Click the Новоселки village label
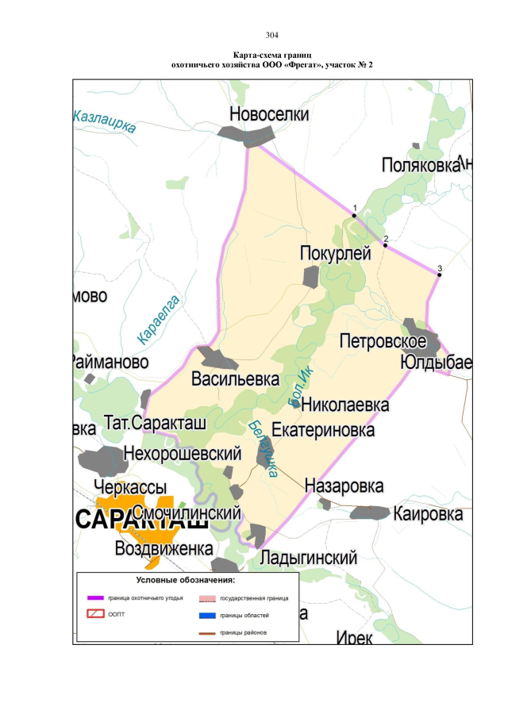coord(269,114)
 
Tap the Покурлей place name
coord(336,253)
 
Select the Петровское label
coord(388,342)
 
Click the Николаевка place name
coord(346,405)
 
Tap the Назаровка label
coord(344,486)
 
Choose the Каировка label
coord(428,513)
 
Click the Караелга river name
coord(159,318)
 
